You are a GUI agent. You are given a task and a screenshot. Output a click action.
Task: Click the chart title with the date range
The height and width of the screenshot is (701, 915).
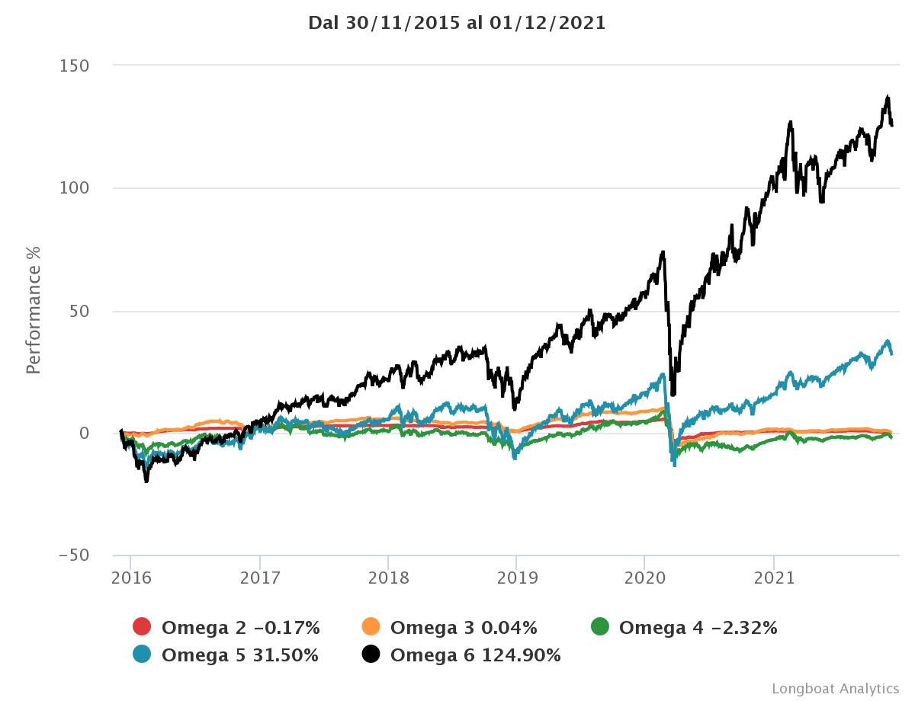point(457,23)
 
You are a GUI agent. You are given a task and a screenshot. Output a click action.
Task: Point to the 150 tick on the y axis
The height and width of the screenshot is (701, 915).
point(75,66)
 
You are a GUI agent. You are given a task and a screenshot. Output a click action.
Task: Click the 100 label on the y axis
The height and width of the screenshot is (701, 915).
point(75,188)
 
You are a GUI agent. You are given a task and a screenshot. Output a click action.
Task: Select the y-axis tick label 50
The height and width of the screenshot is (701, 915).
point(79,311)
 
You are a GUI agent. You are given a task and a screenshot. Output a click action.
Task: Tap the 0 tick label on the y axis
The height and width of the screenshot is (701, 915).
point(84,434)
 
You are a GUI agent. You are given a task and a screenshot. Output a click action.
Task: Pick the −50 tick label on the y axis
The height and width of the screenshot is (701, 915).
point(74,555)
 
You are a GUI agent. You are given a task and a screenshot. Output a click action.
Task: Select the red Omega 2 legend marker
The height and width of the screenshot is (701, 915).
point(142,628)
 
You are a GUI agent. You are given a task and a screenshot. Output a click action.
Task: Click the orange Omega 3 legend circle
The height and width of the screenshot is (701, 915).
point(371,628)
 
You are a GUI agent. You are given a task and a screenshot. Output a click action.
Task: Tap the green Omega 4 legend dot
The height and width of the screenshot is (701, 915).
point(599,628)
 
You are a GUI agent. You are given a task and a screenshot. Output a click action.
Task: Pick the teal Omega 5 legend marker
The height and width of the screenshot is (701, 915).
point(142,655)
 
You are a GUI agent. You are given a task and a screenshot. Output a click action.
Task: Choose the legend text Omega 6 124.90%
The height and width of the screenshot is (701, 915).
point(475,655)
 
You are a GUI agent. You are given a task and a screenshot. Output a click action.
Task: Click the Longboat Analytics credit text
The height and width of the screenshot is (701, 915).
point(835,689)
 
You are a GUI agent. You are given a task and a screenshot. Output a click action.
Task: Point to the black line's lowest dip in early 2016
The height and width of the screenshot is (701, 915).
point(146,480)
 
